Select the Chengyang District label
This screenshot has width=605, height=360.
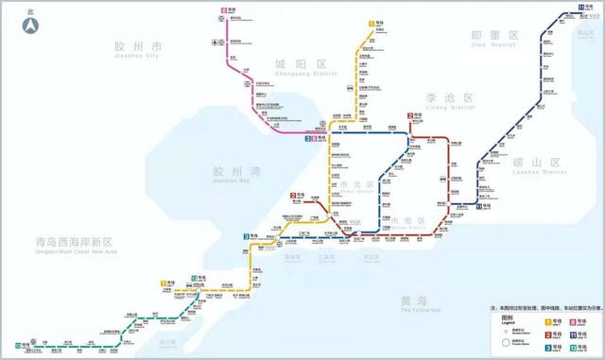click(x=294, y=65)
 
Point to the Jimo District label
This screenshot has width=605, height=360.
click(x=495, y=38)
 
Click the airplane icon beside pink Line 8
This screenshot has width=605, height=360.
click(x=217, y=41)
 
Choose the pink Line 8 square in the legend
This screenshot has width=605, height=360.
click(x=573, y=322)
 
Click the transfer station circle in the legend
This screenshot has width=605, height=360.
click(x=504, y=343)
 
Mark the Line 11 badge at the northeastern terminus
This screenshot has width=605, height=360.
click(x=579, y=8)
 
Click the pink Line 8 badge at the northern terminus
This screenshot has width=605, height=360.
click(x=223, y=9)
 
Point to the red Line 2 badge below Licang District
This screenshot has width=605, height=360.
click(x=412, y=115)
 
